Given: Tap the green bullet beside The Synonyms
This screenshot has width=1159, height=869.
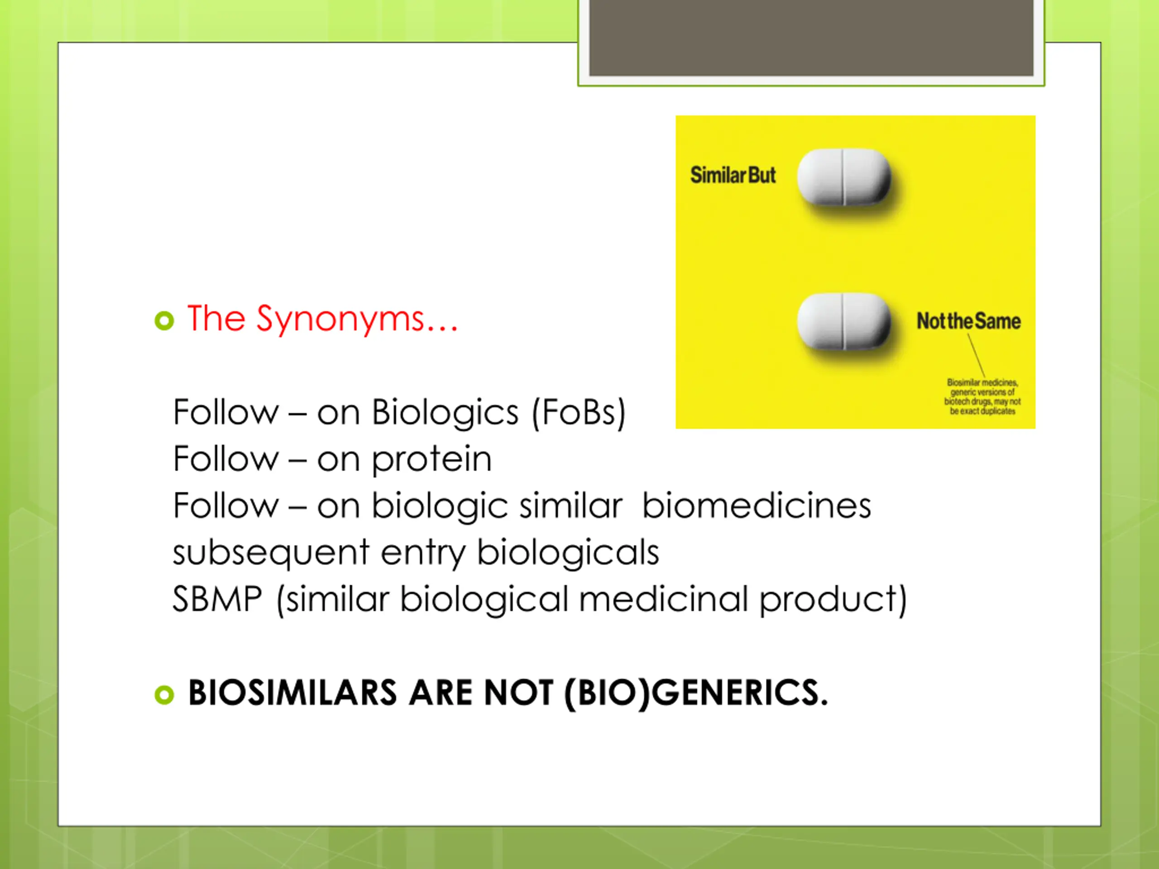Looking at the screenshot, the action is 164,320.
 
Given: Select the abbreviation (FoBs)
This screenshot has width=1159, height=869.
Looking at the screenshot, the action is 579,413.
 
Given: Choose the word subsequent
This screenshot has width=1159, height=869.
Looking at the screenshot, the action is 271,553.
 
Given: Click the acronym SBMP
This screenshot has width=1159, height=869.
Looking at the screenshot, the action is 217,599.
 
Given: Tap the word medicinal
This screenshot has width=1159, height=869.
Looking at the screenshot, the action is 663,599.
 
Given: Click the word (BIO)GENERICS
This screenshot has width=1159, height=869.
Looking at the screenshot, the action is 696,693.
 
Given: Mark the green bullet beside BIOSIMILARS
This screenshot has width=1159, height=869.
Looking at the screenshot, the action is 164,695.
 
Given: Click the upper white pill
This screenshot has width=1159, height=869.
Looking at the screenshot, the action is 843,177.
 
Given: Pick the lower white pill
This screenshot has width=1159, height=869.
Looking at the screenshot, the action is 843,321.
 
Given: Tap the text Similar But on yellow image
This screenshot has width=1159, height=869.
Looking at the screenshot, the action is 733,176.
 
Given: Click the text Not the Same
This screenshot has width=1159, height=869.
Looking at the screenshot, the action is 968,321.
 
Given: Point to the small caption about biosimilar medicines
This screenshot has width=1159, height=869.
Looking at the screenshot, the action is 982,396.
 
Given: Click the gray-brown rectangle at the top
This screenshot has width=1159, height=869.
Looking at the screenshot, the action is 811,38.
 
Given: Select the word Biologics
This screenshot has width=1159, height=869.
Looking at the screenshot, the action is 445,413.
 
